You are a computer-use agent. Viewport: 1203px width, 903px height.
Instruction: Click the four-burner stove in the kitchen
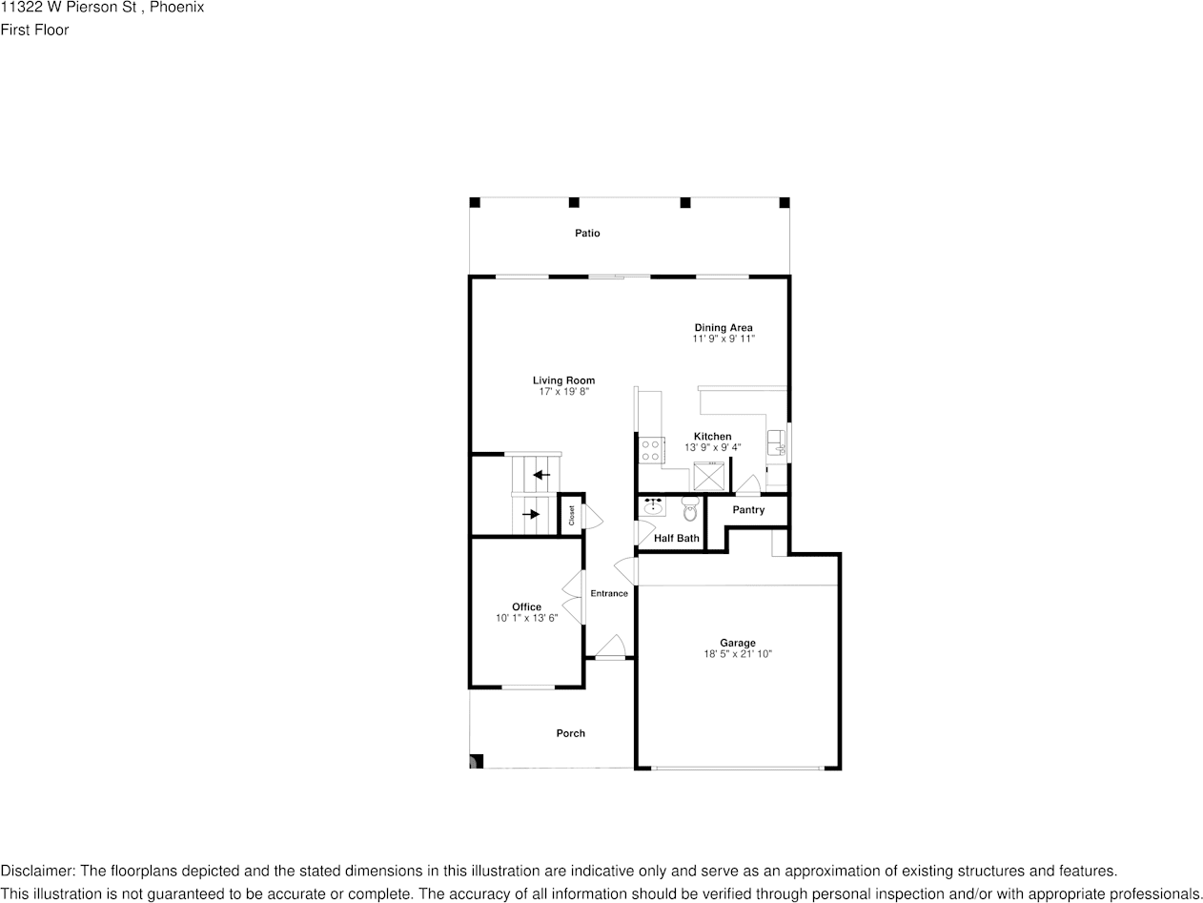point(651,450)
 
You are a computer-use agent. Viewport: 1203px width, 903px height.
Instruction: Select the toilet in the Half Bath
point(690,506)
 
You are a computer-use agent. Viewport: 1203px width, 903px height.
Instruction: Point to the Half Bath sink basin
point(653,507)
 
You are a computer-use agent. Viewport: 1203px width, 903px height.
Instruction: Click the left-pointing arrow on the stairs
point(541,475)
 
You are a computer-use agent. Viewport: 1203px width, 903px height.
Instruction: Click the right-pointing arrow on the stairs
point(530,515)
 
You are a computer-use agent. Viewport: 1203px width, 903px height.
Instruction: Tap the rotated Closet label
point(572,516)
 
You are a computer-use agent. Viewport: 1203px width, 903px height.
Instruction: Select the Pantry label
point(748,510)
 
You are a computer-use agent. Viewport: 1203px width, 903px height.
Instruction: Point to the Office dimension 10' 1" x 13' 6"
point(526,618)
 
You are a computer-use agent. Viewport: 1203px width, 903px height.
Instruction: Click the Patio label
point(587,234)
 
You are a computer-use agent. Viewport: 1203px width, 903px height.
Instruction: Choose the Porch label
point(571,733)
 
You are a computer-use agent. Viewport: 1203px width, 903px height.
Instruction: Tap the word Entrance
point(609,593)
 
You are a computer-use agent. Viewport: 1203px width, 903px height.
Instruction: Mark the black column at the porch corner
point(477,761)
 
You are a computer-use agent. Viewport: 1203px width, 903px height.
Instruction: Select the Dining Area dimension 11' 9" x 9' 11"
point(724,339)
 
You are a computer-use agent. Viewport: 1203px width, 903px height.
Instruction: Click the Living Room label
point(563,380)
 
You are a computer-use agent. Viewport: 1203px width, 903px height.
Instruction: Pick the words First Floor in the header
point(34,30)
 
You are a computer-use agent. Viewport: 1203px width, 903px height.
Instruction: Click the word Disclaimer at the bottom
point(36,871)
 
